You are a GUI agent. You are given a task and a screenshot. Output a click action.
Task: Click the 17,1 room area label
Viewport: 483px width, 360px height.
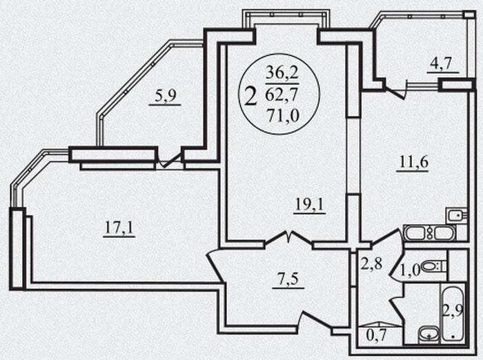tap(119, 228)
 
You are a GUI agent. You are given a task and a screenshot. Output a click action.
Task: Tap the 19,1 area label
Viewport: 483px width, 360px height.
tap(310, 204)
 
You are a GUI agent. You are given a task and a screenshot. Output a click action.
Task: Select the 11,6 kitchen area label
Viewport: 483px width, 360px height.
tap(414, 162)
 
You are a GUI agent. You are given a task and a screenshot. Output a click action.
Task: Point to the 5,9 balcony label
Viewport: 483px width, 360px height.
tap(165, 96)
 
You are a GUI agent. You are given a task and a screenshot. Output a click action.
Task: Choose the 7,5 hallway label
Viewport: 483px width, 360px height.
tap(288, 279)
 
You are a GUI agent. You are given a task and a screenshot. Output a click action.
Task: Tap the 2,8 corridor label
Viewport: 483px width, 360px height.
tap(371, 264)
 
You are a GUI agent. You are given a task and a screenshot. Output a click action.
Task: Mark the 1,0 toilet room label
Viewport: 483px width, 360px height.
tap(411, 271)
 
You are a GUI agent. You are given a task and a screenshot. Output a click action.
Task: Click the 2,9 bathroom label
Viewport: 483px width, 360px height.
tap(453, 311)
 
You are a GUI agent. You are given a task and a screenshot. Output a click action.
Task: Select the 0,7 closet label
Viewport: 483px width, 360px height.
tap(376, 336)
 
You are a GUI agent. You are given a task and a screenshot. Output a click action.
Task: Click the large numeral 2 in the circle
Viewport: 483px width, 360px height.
tap(250, 96)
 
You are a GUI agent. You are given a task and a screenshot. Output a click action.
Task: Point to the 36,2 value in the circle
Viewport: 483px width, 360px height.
tap(282, 73)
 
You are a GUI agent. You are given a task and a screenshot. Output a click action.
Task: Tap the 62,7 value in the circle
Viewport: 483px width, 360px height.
tap(282, 94)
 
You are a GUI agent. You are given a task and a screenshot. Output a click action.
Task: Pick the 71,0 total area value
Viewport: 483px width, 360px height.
tap(283, 116)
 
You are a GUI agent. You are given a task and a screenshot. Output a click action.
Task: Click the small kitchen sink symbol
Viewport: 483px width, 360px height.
tap(457, 216)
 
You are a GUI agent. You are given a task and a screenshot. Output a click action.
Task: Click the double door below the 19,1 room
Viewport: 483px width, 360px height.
tap(289, 238)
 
